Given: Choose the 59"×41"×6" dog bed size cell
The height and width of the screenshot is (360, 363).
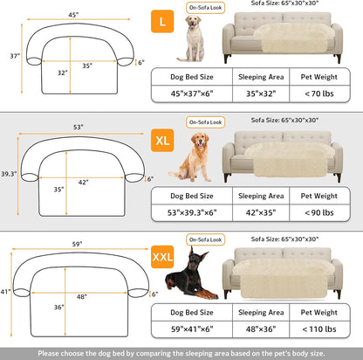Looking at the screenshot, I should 191,330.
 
